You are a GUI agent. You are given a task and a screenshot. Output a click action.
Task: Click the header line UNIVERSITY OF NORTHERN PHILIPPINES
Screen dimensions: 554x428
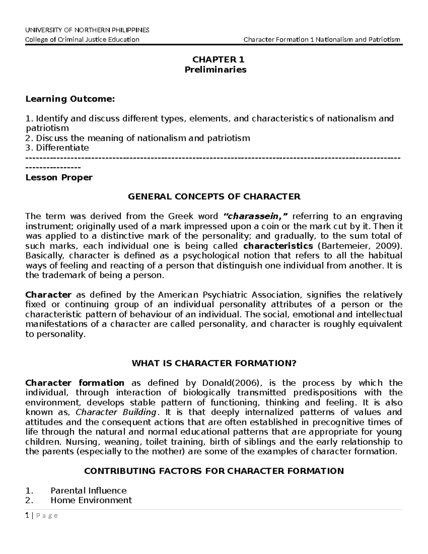point(87,30)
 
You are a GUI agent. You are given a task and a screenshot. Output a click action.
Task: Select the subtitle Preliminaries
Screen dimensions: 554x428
point(215,70)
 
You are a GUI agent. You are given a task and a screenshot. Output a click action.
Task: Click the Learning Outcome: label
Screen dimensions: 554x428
point(70,99)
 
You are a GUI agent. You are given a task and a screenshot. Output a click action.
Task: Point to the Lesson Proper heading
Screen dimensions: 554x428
point(59,177)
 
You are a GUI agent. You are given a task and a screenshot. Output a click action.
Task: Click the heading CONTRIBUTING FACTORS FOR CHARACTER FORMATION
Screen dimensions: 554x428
point(214,471)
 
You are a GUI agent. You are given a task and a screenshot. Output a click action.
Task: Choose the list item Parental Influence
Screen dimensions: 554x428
point(88,491)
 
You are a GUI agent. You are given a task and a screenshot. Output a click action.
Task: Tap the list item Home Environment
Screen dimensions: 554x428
point(91,500)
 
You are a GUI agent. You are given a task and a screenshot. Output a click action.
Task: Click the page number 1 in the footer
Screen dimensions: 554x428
point(27,515)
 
